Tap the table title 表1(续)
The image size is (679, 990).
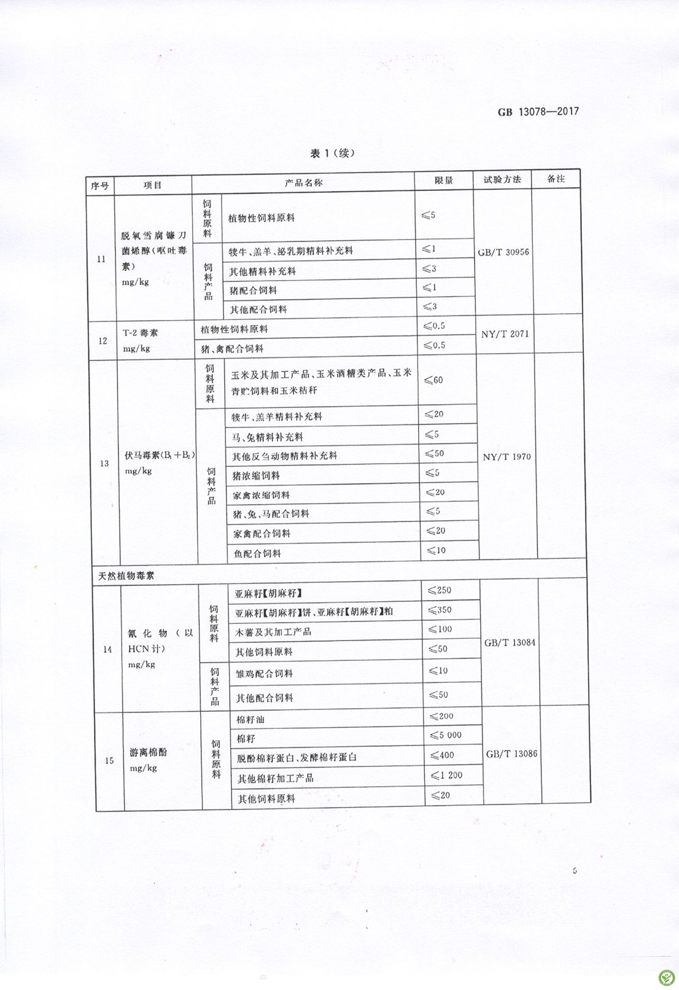[x=332, y=154]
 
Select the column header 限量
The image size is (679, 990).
[x=443, y=181]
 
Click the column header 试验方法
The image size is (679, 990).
[x=502, y=179]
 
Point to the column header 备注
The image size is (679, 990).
[x=556, y=179]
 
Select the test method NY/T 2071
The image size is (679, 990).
[x=505, y=334]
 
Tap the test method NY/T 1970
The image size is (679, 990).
[x=507, y=457]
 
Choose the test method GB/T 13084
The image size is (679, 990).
[x=510, y=642]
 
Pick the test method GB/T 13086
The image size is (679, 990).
[x=511, y=754]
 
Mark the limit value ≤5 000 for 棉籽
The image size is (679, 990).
[x=446, y=735]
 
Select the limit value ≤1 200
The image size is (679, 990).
[x=446, y=776]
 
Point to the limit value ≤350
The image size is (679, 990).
[x=440, y=610]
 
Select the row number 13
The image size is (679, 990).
[x=104, y=463]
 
